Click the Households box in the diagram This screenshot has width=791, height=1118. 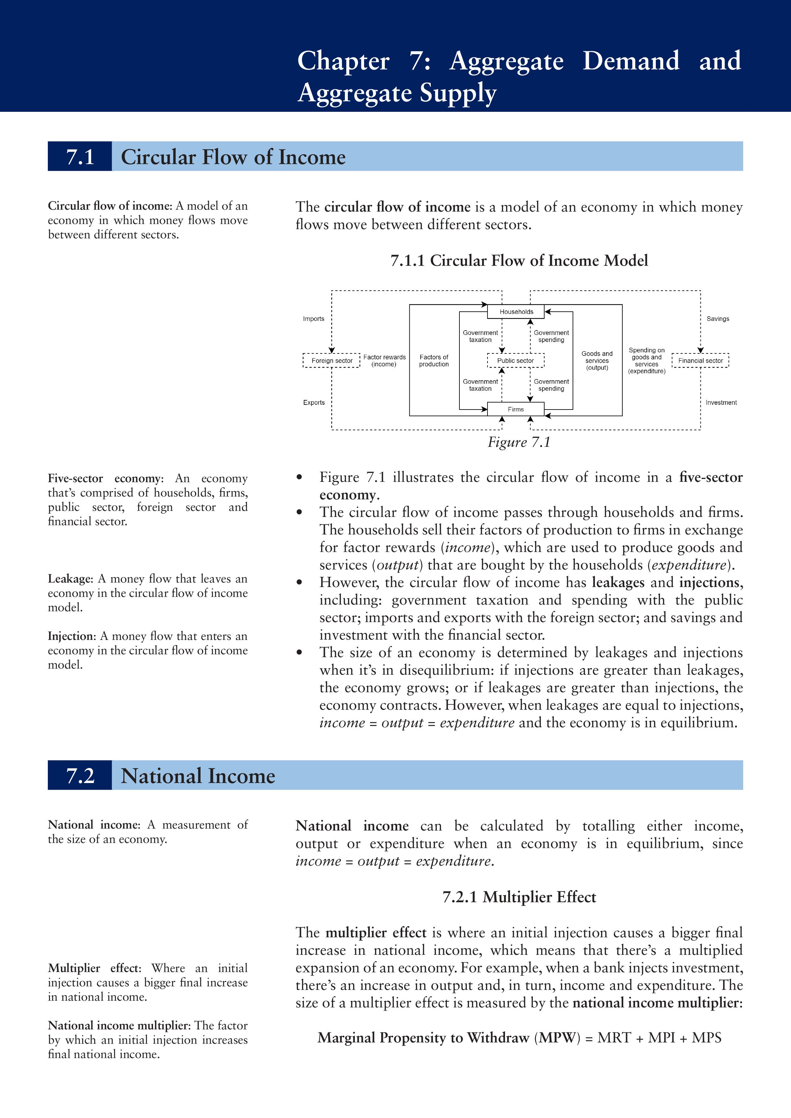[x=516, y=312]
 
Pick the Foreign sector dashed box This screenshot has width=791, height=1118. [x=332, y=361]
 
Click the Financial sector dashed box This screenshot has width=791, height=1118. [x=700, y=361]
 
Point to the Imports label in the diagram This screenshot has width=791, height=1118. [x=314, y=319]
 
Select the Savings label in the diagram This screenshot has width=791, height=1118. [x=718, y=319]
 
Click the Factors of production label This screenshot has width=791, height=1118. [x=434, y=361]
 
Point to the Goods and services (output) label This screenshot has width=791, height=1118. [x=597, y=361]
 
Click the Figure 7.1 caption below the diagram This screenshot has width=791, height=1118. [x=519, y=442]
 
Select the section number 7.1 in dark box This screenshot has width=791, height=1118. [x=80, y=157]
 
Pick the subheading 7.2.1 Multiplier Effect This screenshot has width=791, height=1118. [x=519, y=897]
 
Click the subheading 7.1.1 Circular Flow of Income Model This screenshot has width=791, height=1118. [x=519, y=260]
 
